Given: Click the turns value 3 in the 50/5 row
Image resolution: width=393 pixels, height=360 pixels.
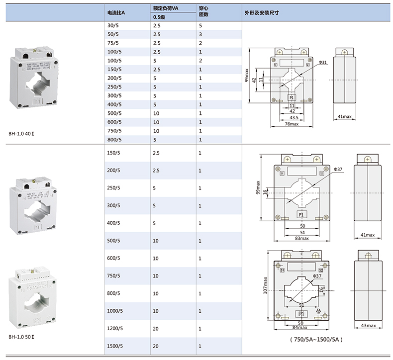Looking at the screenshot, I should tap(200, 34).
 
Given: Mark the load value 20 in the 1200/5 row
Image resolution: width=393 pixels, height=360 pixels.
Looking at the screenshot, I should tap(156, 328).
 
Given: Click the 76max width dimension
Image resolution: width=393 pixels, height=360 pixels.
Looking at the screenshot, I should tap(292, 124).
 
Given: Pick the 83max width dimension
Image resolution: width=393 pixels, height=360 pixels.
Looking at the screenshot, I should tap(301, 238).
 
